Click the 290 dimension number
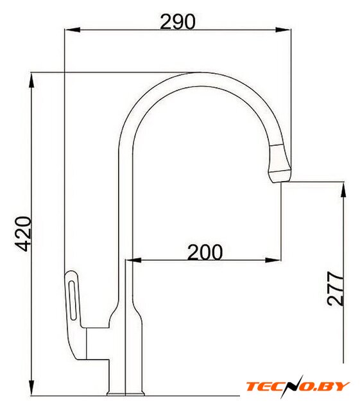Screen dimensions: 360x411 [x=177, y=22]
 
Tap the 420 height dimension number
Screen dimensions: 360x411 [x=23, y=234]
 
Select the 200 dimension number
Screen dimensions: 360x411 [x=205, y=252]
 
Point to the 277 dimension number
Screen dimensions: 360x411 [x=335, y=288]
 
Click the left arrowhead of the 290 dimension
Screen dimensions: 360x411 [x=72, y=30]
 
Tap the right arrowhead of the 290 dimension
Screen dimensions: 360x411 [x=283, y=30]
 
